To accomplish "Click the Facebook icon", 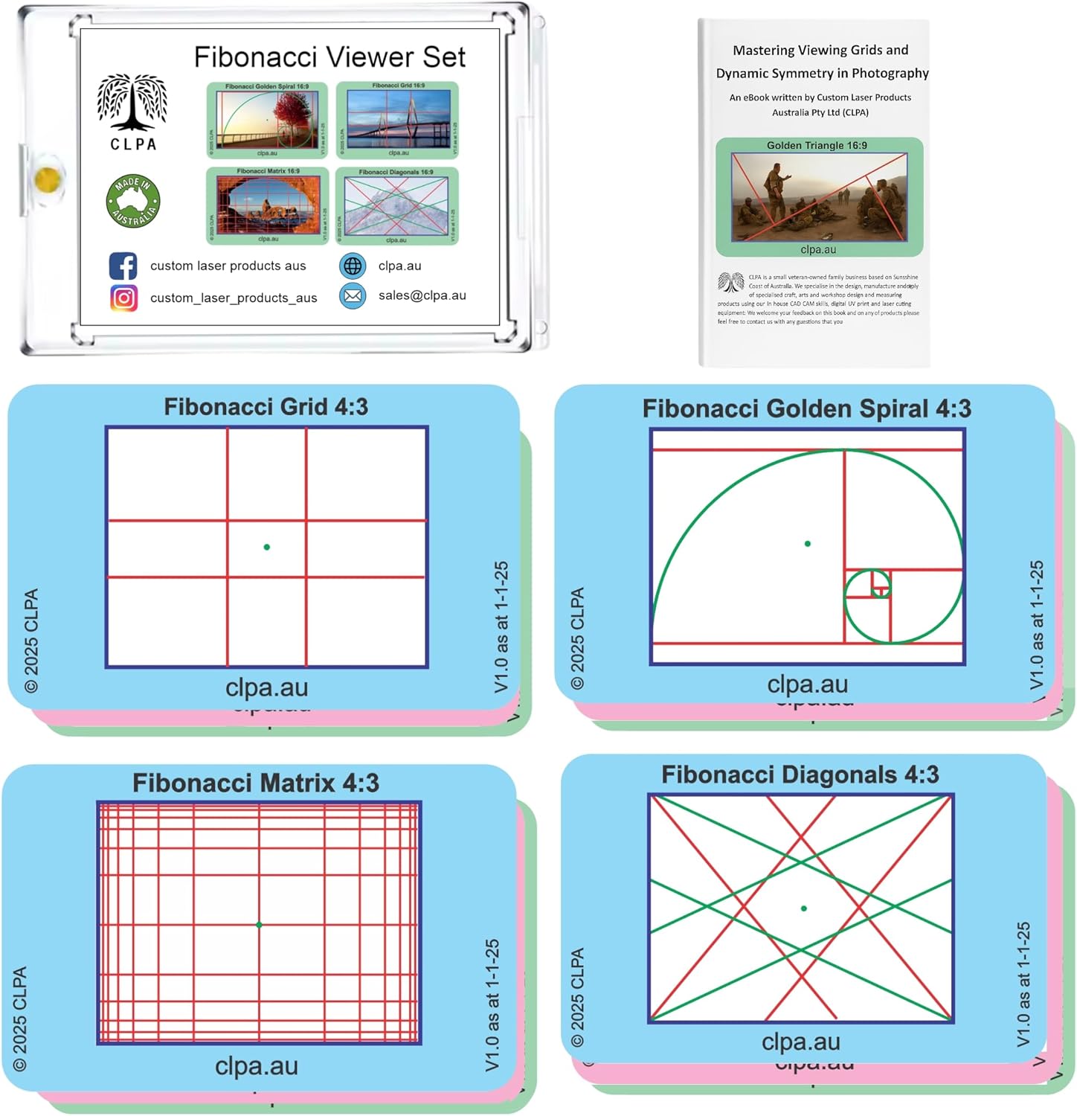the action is [x=123, y=266].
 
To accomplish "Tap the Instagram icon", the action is [x=123, y=298].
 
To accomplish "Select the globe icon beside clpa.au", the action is [x=353, y=266].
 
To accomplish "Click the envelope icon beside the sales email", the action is [x=353, y=295].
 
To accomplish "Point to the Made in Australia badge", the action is [x=133, y=201].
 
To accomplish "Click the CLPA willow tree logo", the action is [x=132, y=103].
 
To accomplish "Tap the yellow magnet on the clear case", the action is [x=47, y=179].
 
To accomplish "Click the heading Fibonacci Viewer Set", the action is [x=329, y=57].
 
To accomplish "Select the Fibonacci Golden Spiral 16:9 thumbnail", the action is [x=267, y=120].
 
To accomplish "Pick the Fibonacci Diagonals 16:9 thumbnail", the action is [x=396, y=205].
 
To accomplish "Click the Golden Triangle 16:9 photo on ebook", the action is [x=819, y=196].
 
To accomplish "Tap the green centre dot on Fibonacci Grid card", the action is [x=267, y=547].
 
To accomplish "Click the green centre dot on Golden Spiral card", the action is [x=808, y=544].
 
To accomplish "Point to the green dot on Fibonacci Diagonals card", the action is [x=803, y=908].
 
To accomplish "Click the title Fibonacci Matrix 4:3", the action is [x=256, y=783].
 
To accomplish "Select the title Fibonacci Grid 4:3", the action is [x=266, y=406].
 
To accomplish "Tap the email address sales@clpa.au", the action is [x=422, y=295].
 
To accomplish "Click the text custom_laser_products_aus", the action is [x=234, y=298].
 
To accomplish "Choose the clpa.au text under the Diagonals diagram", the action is [x=800, y=1042].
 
